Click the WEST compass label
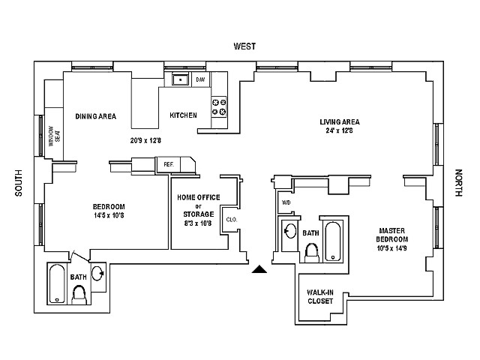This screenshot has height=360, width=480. click(x=244, y=46)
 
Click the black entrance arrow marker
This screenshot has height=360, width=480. click(x=259, y=268)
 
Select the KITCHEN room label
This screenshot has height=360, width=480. click(x=183, y=115)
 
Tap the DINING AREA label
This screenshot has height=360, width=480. click(x=96, y=116)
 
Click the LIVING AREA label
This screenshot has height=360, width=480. click(x=340, y=121)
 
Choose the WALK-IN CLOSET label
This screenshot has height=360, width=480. click(x=320, y=296)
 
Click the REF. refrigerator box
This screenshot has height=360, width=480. click(x=169, y=163)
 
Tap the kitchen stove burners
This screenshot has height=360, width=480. click(x=220, y=107)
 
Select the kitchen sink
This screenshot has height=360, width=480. click(x=180, y=79)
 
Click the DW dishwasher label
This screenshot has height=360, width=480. click(x=200, y=79)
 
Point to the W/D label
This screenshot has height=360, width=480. click(x=286, y=202)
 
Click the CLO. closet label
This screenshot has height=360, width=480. click(x=229, y=220)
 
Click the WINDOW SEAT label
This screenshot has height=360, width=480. click(x=54, y=138)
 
